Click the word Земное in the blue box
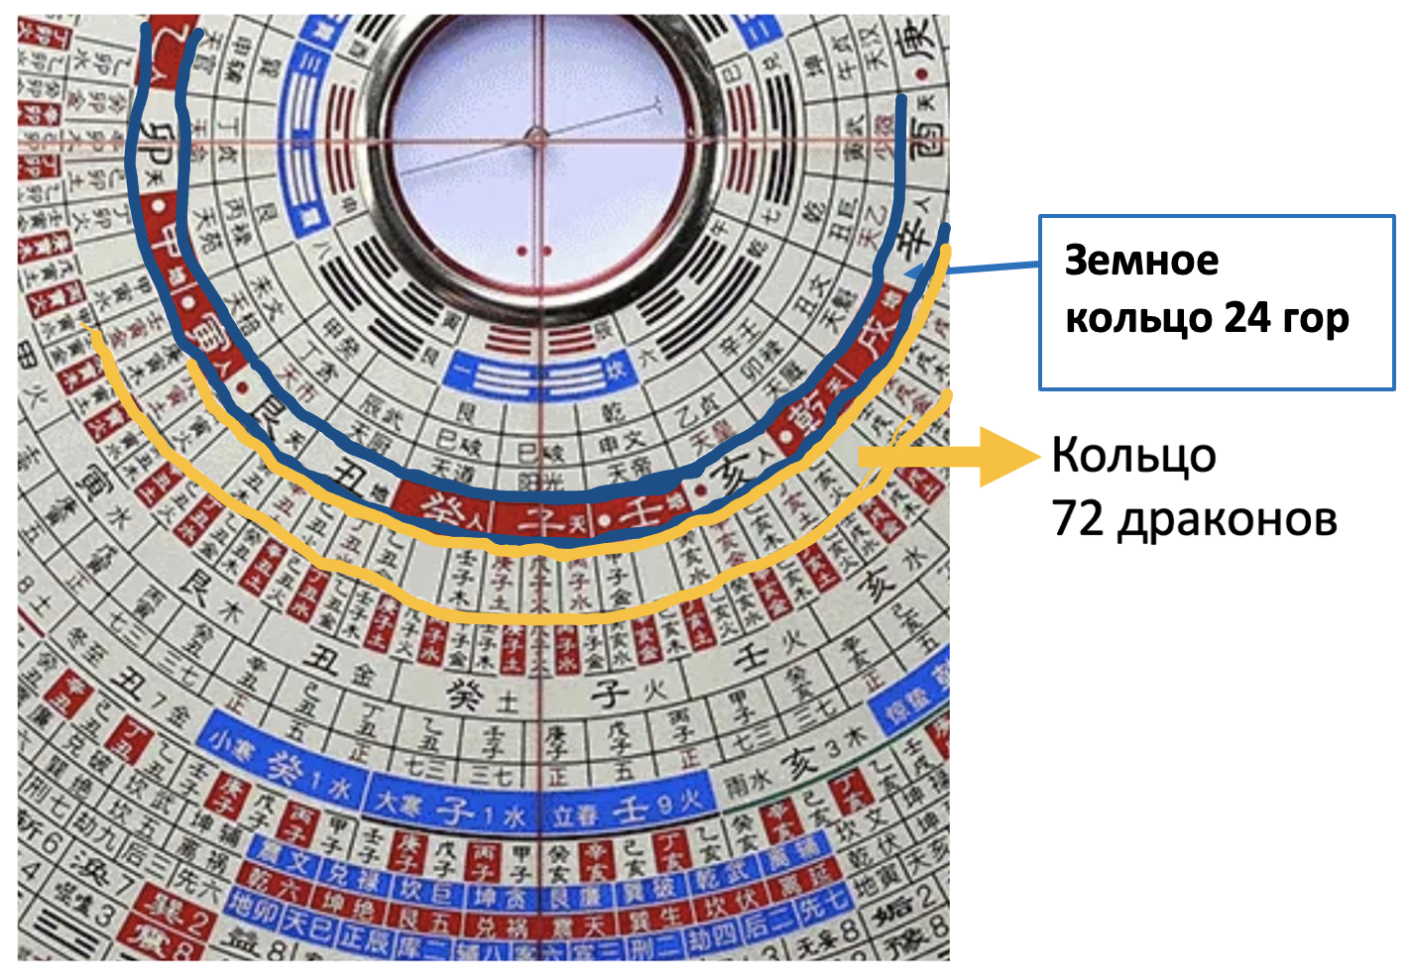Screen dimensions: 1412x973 click(1141, 261)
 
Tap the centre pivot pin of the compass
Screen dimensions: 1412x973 click(536, 139)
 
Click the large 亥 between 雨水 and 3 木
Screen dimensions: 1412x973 click(800, 764)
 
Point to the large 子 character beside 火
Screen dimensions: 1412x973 click(609, 693)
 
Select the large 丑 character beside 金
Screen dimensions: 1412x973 click(323, 659)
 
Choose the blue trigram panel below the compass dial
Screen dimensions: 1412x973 click(536, 376)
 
